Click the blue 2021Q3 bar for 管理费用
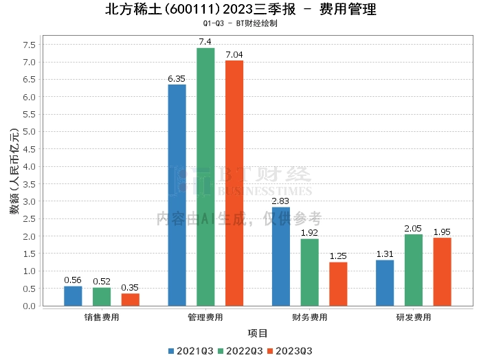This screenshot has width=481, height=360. (177, 195)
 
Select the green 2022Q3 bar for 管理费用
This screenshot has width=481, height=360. (205, 177)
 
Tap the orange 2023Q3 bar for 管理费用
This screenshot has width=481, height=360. (234, 183)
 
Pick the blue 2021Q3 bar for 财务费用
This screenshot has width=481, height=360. (281, 256)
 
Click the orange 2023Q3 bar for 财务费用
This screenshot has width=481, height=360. (338, 284)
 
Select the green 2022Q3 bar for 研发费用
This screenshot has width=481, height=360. (414, 270)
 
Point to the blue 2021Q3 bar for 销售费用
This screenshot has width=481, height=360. (73, 296)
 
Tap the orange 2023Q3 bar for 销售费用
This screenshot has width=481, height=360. (131, 300)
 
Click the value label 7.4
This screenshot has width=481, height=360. (205, 42)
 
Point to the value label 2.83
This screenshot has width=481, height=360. (280, 201)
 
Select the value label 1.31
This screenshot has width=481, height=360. (385, 254)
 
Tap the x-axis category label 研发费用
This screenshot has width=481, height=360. (414, 317)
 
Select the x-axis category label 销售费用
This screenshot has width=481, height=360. (102, 317)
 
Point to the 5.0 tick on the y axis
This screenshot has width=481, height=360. (29, 132)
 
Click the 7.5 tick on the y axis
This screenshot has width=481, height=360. (29, 45)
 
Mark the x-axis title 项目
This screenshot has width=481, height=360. (258, 334)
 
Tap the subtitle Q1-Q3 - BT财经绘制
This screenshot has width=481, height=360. (240, 23)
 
